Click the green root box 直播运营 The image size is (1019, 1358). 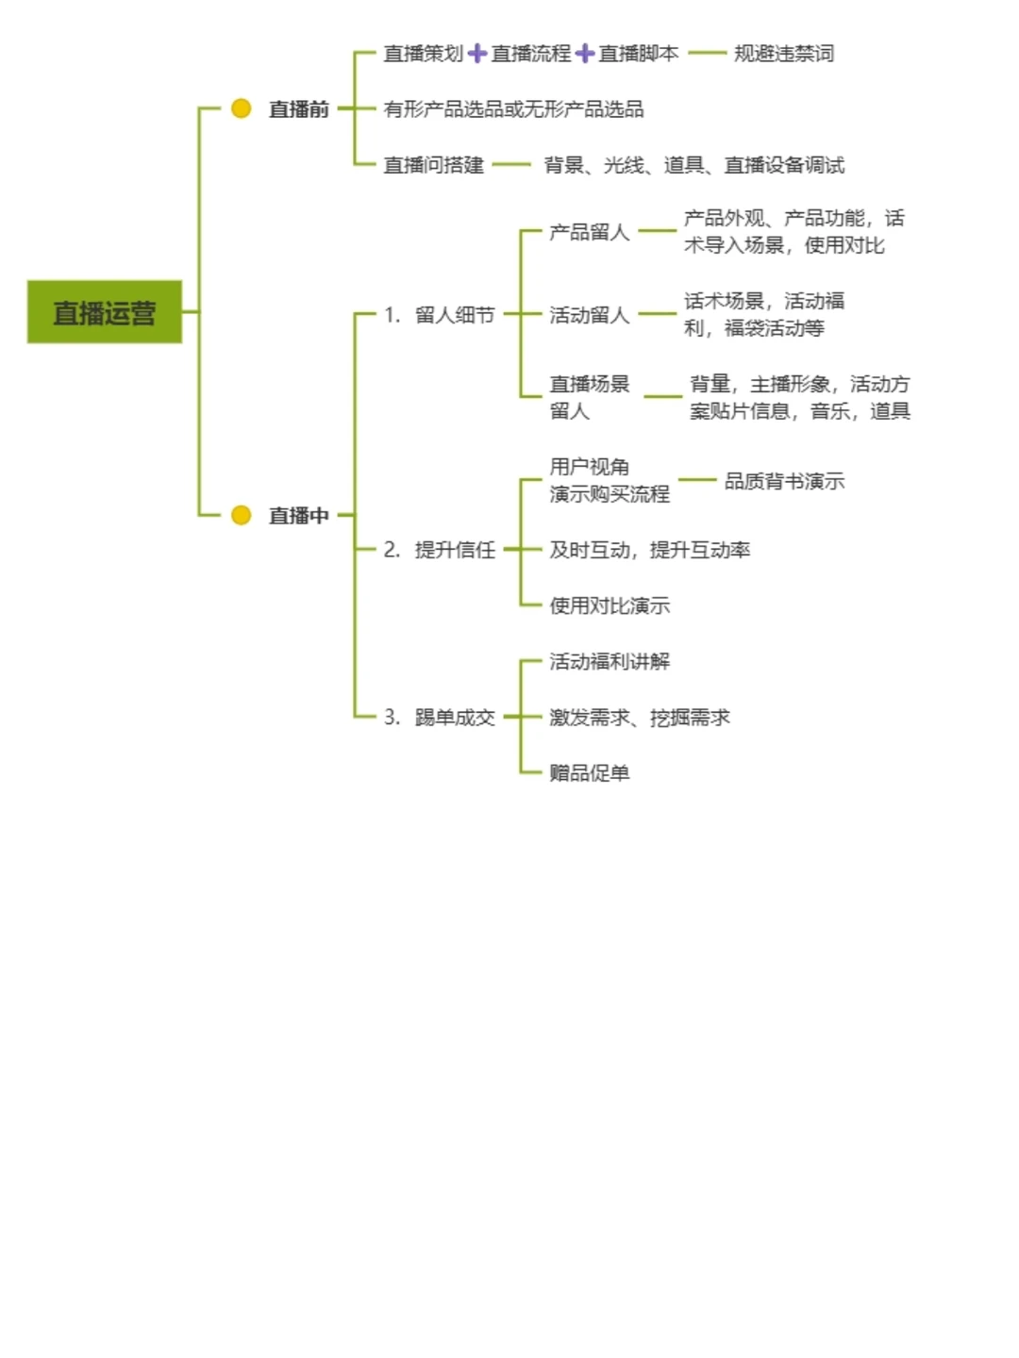(104, 312)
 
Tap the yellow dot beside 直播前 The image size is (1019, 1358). (242, 108)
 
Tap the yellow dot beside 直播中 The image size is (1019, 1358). (242, 515)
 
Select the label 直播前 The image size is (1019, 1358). (298, 109)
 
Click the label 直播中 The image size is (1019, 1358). (298, 516)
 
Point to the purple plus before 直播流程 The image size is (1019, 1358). (477, 54)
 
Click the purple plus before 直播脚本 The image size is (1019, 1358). (585, 54)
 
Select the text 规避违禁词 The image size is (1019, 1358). (784, 54)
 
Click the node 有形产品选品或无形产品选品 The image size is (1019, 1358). (513, 109)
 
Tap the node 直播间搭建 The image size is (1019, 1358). (433, 165)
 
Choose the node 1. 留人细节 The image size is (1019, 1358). (440, 315)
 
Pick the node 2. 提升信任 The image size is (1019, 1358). (440, 550)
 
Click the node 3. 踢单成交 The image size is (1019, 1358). (440, 718)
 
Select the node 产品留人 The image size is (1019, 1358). (589, 232)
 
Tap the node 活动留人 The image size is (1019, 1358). (589, 315)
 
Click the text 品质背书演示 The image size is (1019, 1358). (784, 481)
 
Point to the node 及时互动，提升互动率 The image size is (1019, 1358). (649, 550)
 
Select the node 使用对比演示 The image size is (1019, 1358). (610, 605)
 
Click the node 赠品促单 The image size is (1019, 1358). (589, 773)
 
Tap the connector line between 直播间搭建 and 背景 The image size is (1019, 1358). (511, 165)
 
